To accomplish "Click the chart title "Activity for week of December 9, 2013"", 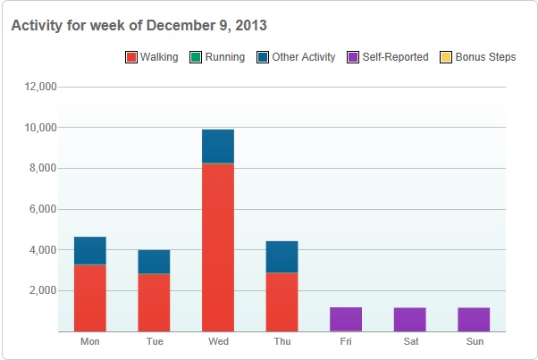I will (x=139, y=25).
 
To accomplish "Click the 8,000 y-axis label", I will (x=43, y=169).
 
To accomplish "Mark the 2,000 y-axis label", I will (x=43, y=291).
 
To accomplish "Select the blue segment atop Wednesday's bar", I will (x=218, y=147).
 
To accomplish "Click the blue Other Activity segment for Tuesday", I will (x=154, y=262).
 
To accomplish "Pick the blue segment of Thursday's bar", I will (x=282, y=257).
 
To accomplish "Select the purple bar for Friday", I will (x=346, y=319).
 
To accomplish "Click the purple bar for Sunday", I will (x=475, y=319).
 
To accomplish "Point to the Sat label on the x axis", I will (x=410, y=342).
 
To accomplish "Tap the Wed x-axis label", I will (x=218, y=342).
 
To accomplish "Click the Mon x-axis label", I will (x=90, y=342).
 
